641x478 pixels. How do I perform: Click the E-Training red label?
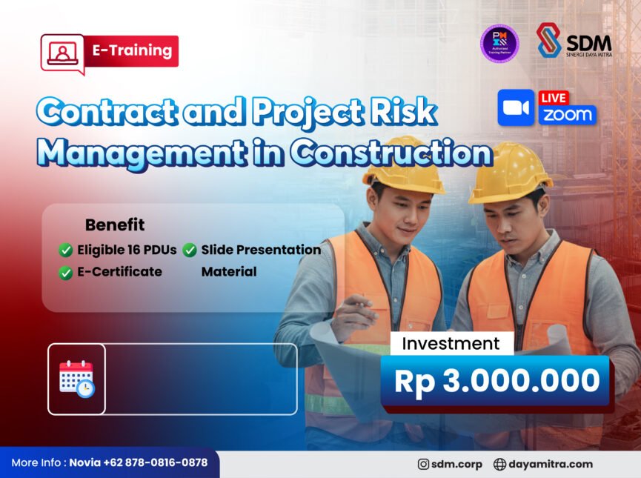[132, 51]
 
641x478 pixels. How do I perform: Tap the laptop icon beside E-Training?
[62, 53]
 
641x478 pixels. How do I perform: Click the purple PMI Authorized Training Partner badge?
[499, 43]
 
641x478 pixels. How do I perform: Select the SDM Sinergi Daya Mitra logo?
[574, 42]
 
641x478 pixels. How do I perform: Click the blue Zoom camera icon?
[517, 108]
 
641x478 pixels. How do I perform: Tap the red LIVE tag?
[554, 98]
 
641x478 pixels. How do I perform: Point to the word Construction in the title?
[391, 151]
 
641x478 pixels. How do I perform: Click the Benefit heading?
[115, 225]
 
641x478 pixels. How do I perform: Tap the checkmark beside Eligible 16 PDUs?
[66, 250]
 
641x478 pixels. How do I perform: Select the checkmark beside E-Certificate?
[66, 272]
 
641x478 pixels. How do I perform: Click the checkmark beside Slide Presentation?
[190, 250]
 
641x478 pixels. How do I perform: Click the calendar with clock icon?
[76, 379]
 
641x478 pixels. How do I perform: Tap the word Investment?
[451, 344]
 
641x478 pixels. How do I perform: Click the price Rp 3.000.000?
[496, 381]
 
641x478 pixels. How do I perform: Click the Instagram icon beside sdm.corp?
[424, 465]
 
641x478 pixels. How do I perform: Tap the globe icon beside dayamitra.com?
[499, 465]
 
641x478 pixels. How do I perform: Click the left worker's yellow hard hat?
[403, 164]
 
